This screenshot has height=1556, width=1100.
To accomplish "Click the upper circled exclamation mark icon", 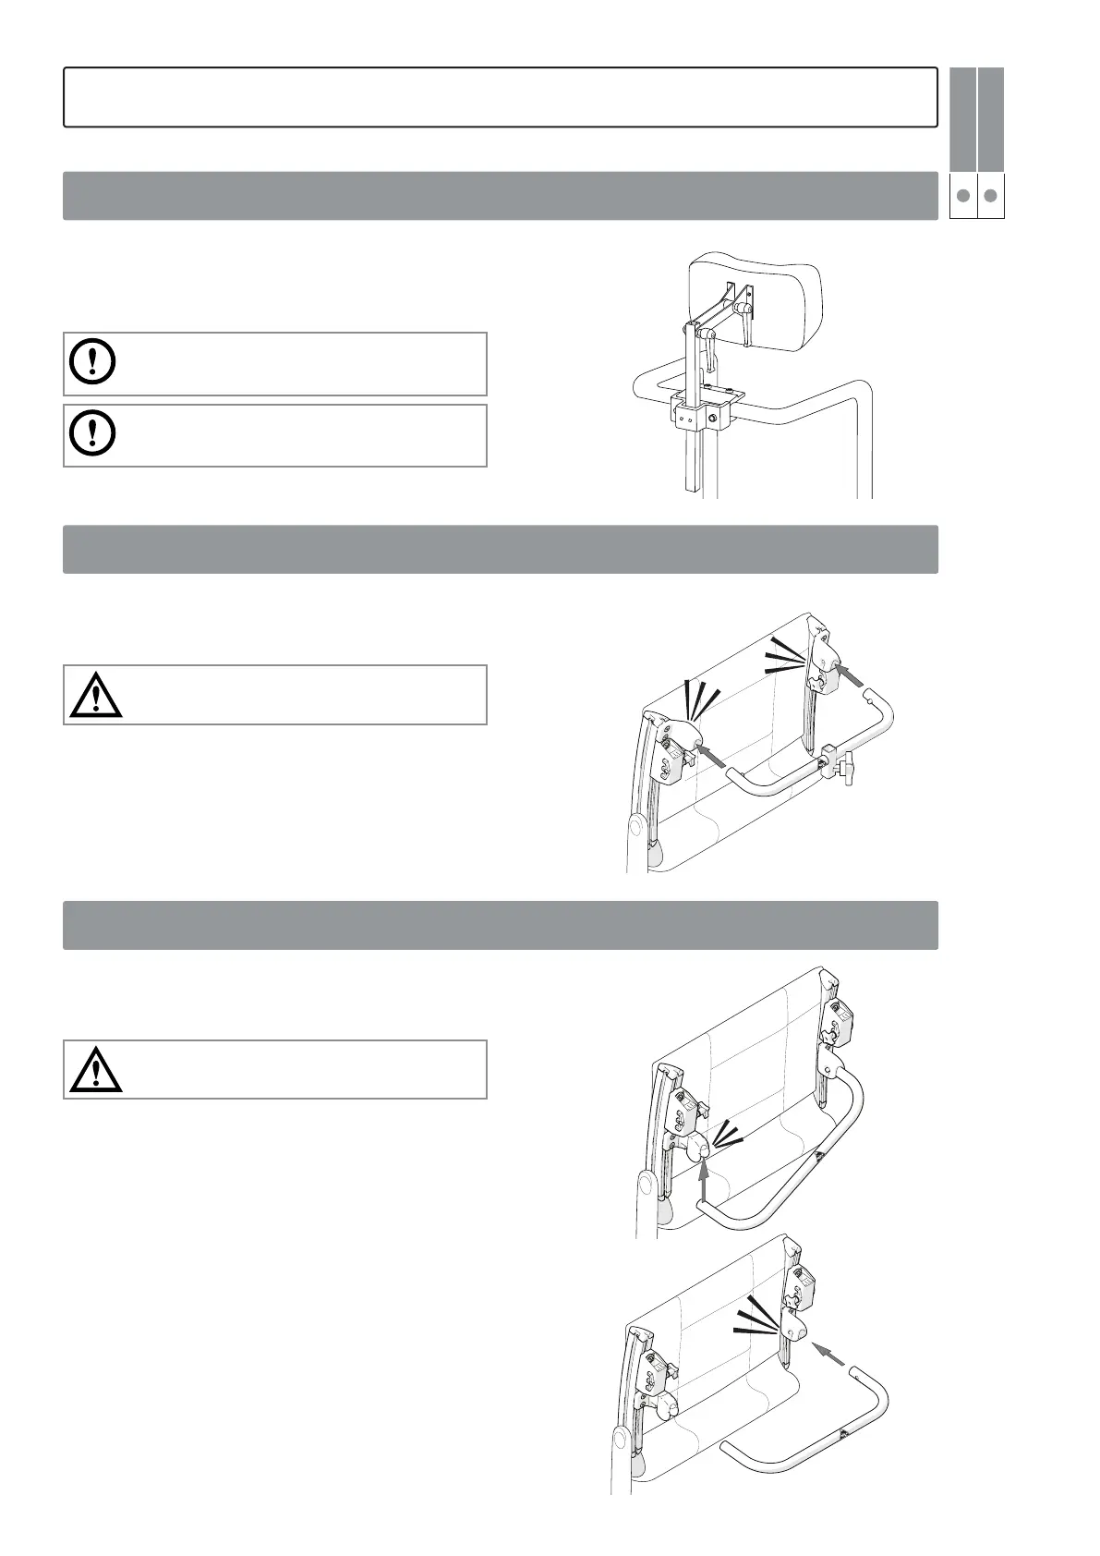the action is (93, 362).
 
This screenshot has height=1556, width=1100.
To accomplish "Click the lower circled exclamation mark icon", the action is (93, 433).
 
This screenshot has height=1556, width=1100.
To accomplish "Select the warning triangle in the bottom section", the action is (96, 1070).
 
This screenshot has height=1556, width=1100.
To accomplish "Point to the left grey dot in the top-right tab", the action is (962, 196).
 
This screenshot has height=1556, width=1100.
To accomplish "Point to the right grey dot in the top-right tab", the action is (990, 196).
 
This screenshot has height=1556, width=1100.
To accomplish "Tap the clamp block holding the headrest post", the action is (697, 414).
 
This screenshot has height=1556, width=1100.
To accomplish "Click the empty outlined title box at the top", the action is (500, 96).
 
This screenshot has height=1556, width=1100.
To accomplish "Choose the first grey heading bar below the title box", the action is (500, 195).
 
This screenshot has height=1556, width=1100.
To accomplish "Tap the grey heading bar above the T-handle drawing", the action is (500, 549).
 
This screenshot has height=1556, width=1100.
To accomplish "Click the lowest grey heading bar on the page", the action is (500, 925).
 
